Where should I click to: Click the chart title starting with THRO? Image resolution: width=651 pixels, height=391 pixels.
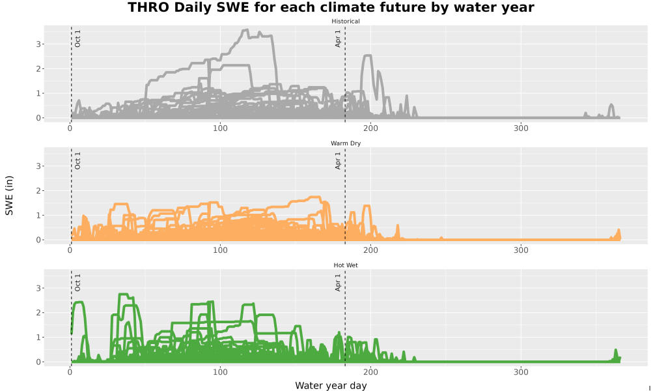pyautogui.click(x=331, y=7)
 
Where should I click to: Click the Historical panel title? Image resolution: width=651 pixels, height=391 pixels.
pyautogui.click(x=346, y=22)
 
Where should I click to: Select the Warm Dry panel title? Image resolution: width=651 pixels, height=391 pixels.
pyautogui.click(x=346, y=143)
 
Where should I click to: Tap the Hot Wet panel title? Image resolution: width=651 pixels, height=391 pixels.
pyautogui.click(x=346, y=265)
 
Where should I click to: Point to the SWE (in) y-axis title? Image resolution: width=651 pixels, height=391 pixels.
pyautogui.click(x=9, y=195)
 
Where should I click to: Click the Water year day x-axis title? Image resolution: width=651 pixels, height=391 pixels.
pyautogui.click(x=331, y=386)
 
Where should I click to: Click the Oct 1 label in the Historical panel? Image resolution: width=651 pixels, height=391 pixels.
pyautogui.click(x=77, y=38)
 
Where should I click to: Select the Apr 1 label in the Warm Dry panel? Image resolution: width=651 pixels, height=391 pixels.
pyautogui.click(x=338, y=161)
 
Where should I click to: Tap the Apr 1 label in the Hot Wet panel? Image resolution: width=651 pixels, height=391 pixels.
pyautogui.click(x=338, y=283)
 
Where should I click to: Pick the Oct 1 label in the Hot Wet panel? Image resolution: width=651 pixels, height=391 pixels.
pyautogui.click(x=77, y=283)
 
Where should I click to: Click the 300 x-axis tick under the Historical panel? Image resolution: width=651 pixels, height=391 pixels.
pyautogui.click(x=521, y=128)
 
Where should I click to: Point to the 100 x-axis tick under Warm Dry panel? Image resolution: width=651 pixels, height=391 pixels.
pyautogui.click(x=220, y=250)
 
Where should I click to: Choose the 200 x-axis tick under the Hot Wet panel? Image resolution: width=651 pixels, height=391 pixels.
pyautogui.click(x=370, y=372)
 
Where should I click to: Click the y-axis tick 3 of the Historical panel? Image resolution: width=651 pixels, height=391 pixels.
pyautogui.click(x=38, y=44)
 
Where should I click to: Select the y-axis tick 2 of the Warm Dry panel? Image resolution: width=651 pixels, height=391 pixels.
pyautogui.click(x=38, y=191)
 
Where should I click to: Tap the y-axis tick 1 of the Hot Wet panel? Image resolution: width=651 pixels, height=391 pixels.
pyautogui.click(x=38, y=338)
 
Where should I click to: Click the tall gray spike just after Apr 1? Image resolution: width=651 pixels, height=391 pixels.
pyautogui.click(x=367, y=55)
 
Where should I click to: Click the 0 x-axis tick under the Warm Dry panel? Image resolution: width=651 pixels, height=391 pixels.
pyautogui.click(x=70, y=250)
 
